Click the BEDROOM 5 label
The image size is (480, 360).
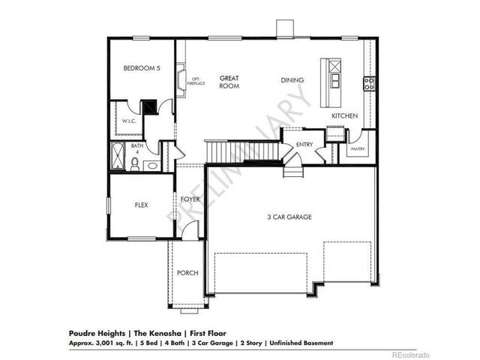point(142,67)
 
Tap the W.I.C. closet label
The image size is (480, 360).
point(129,120)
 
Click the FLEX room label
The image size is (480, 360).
point(140,204)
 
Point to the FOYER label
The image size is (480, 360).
point(189,199)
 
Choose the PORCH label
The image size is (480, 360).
point(187,272)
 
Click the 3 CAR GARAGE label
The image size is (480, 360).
point(289,217)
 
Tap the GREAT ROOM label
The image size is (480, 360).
point(229,82)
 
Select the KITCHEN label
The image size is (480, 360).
point(345,115)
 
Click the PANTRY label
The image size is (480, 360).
point(357,149)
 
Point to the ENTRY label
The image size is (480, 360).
point(304,144)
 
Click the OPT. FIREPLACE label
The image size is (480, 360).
point(196,81)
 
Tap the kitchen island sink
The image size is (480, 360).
point(334,79)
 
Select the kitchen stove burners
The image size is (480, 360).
point(369,82)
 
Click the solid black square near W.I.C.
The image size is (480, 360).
point(148,107)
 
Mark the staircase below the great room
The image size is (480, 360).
point(244,152)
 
